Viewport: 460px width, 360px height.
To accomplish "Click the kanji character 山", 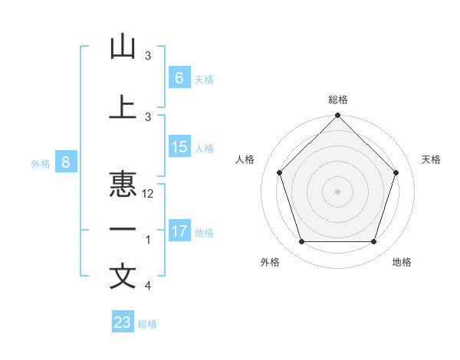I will (x=123, y=47).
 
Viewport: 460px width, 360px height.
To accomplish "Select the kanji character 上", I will (x=123, y=107).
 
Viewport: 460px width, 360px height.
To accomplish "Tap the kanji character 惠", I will (x=123, y=184).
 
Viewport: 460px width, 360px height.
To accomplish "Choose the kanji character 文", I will (x=123, y=277).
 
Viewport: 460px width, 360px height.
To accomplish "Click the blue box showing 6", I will (x=179, y=77).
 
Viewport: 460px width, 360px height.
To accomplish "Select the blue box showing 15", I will (x=179, y=147).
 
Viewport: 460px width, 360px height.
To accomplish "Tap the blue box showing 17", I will (x=179, y=231).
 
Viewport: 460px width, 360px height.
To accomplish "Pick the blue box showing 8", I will (x=66, y=162).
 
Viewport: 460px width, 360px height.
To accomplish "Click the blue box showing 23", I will (x=123, y=322).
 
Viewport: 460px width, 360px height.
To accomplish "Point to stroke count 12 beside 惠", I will (x=148, y=194).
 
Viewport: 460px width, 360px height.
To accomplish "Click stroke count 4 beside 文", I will (x=148, y=286).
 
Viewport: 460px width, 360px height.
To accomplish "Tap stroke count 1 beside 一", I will (x=148, y=241).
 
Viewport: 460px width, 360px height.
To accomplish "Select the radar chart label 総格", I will (x=338, y=100).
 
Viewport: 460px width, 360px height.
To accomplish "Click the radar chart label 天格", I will (x=431, y=159).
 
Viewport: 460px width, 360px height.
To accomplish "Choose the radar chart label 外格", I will (x=270, y=262).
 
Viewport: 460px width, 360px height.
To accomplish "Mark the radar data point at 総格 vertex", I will (x=337, y=116).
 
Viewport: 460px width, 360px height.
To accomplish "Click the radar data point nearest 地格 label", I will (x=373, y=242).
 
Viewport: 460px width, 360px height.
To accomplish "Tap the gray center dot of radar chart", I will (x=337, y=191).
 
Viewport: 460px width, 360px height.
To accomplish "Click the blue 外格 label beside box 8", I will (x=40, y=163).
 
